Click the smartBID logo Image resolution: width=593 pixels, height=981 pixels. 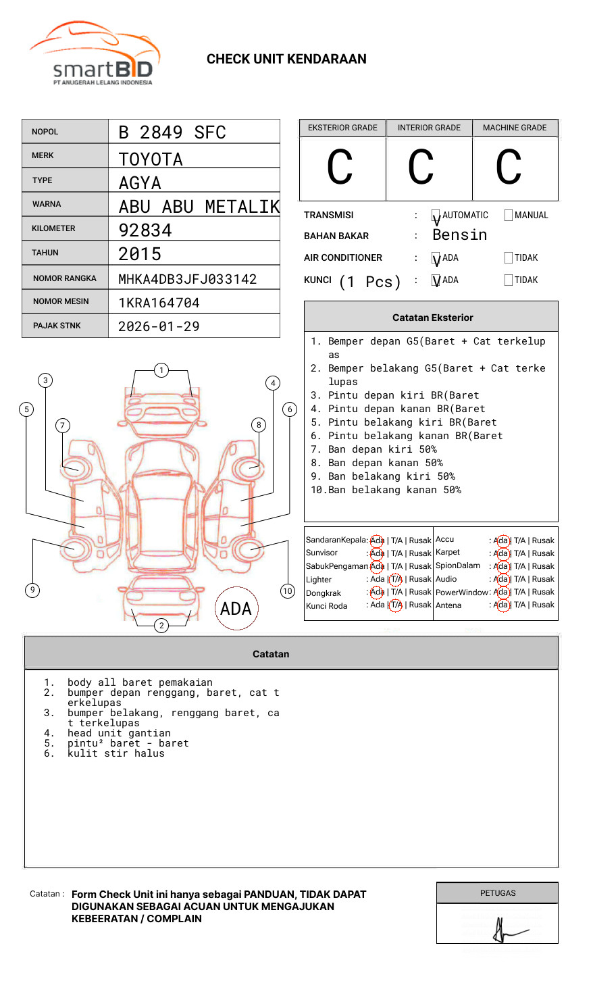pos(95,54)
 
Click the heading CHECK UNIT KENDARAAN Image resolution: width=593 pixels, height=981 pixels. pos(286,59)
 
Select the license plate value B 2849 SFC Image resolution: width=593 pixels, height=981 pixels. pos(172,132)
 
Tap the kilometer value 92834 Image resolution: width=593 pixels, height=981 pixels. pos(145,230)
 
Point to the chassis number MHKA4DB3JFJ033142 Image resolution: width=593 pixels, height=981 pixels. pos(187,279)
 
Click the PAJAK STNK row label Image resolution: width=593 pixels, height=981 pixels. pos(57,326)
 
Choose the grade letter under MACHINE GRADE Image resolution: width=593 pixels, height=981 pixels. pos(509,168)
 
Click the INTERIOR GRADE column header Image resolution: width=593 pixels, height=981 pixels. pos(429,128)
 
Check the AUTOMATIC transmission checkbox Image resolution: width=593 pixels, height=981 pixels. pos(436,216)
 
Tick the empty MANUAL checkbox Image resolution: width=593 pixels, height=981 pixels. pos(509,216)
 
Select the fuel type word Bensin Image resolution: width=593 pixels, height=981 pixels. pos(459,235)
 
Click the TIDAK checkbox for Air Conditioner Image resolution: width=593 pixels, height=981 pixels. pos(509,258)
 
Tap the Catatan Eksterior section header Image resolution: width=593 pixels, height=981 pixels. pos(432,318)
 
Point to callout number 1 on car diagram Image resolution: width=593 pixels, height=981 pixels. pos(161,370)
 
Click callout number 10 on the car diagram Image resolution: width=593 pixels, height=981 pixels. pos(288,591)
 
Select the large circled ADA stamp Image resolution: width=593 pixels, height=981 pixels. pos(236,608)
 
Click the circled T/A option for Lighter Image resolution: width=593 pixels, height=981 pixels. pos(396,580)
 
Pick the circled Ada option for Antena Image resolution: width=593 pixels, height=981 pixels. pos(501,605)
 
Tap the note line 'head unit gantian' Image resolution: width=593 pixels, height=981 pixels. pos(119,733)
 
